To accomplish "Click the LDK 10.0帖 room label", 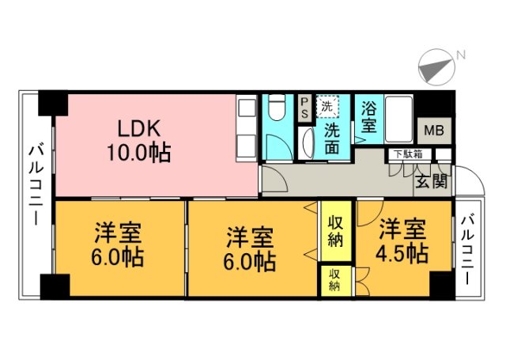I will [138, 139].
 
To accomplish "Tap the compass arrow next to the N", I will [432, 68].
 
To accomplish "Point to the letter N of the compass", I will [459, 55].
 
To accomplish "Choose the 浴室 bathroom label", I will [368, 116].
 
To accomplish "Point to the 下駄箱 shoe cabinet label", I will [408, 154].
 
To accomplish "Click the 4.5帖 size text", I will [402, 253].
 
